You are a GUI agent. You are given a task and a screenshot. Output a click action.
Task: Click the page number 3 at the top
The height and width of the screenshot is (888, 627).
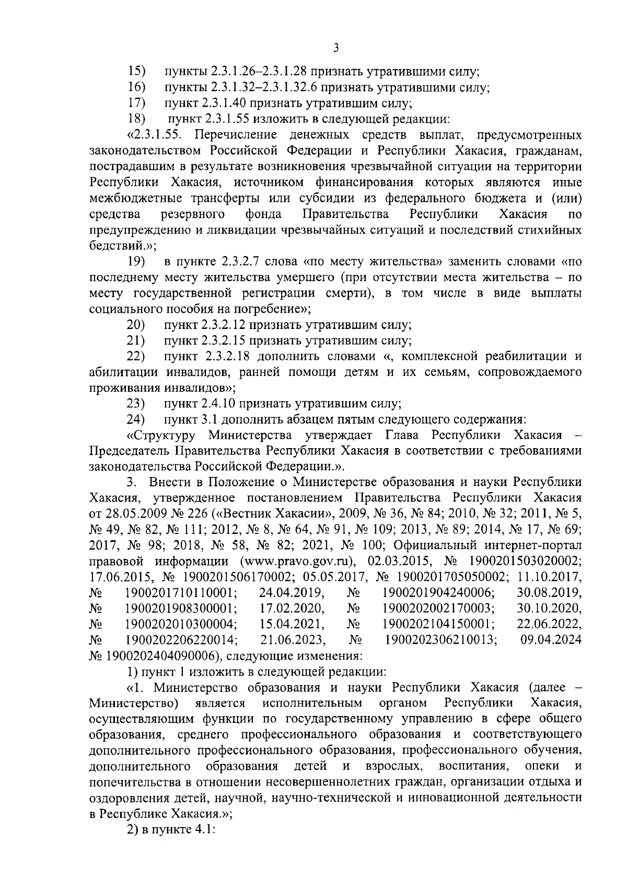pyautogui.click(x=336, y=48)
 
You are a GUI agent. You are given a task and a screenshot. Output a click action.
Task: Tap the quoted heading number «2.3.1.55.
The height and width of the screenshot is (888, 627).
pyautogui.click(x=155, y=135)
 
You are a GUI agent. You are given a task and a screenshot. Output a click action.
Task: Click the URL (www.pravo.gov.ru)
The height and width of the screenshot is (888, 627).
pyautogui.click(x=298, y=561)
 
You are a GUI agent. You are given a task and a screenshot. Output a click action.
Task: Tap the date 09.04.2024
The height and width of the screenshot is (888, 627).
pyautogui.click(x=551, y=640)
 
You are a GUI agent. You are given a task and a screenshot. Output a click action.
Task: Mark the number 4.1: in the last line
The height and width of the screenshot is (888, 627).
pyautogui.click(x=206, y=830)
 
